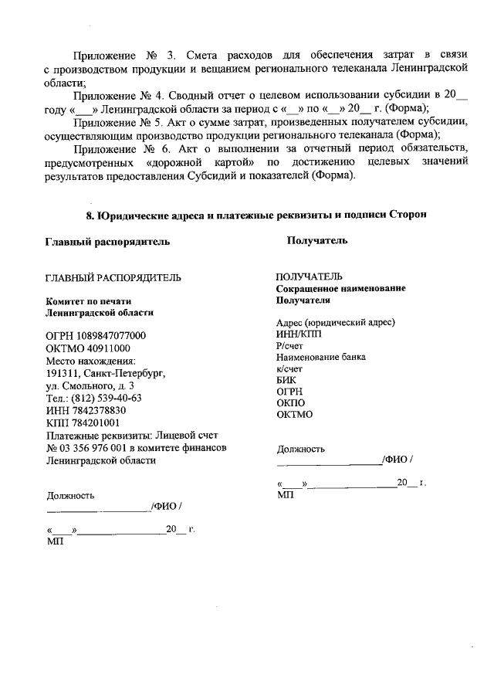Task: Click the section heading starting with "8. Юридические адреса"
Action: [255, 213]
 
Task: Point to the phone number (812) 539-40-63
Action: [107, 398]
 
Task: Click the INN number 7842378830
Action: [96, 410]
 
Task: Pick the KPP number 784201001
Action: [94, 422]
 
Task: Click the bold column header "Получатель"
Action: [316, 241]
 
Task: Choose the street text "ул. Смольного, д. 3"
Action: [90, 385]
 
